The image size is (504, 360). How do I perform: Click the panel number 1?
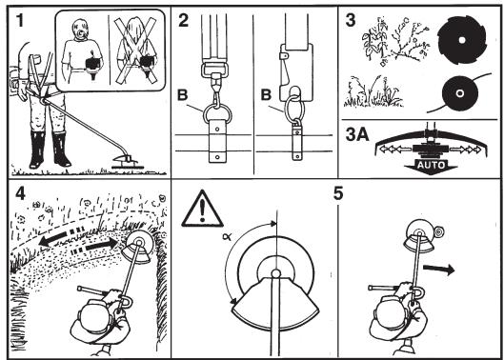(20, 21)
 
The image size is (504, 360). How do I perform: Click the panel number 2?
(184, 21)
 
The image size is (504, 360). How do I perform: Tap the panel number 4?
(20, 193)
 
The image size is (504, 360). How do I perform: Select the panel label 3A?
(357, 134)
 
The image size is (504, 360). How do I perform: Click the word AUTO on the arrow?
(432, 165)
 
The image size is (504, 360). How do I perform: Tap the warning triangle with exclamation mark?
(202, 209)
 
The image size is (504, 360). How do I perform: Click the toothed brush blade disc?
(462, 40)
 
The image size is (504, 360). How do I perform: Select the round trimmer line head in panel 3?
(460, 93)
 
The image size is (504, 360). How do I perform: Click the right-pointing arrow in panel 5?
(438, 270)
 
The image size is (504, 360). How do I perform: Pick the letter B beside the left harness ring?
(182, 95)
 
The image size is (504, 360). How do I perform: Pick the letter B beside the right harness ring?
(266, 95)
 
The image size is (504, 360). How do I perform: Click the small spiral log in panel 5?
(438, 231)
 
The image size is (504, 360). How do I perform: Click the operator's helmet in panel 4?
(95, 318)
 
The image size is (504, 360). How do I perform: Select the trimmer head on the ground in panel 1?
(127, 162)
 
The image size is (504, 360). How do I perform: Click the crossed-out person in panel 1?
(137, 50)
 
